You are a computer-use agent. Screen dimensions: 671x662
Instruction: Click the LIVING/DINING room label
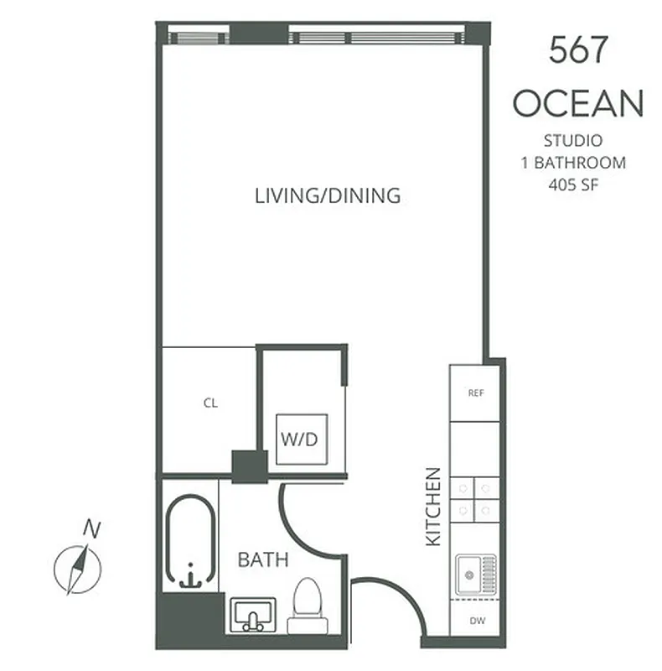[328, 196]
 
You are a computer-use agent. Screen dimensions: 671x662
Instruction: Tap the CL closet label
[210, 403]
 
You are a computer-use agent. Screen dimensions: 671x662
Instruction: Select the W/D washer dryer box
[300, 439]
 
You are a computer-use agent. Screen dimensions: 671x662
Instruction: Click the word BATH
[263, 559]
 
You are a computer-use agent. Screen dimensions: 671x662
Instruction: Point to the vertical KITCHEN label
[433, 507]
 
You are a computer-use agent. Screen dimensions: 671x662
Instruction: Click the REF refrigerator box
[475, 393]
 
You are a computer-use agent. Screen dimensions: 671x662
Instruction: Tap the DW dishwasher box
[475, 622]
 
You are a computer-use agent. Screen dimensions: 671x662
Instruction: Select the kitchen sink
[475, 577]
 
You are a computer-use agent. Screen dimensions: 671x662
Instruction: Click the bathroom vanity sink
[251, 616]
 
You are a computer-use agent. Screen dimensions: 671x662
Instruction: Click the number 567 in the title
[577, 51]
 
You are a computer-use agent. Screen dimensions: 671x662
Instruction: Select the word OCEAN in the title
[577, 104]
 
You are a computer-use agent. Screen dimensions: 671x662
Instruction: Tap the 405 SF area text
[573, 185]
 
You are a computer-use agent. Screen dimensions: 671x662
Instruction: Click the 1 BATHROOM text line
[573, 163]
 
